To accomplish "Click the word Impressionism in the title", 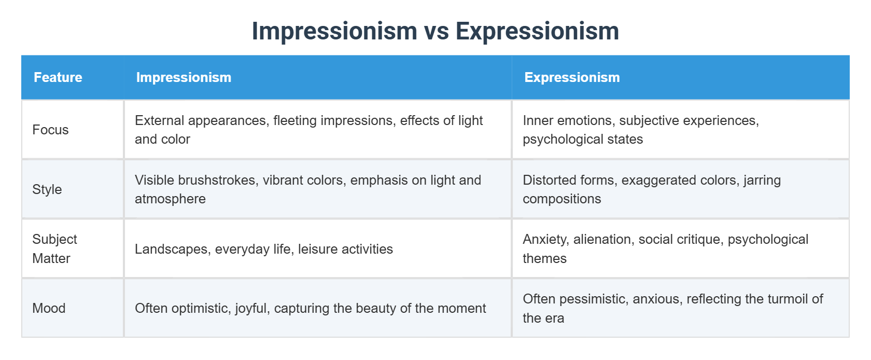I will point(334,31).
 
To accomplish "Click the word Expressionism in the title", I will point(537,31).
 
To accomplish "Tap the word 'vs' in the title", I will point(437,31).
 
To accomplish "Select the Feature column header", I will point(58,77).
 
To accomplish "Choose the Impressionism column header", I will point(184,77).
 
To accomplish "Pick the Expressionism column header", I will point(572,77).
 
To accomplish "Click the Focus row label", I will point(50,130).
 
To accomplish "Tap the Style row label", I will point(47,189).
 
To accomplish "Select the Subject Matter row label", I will point(54,248).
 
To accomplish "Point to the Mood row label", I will point(49,308).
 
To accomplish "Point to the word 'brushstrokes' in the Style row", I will point(218,180).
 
